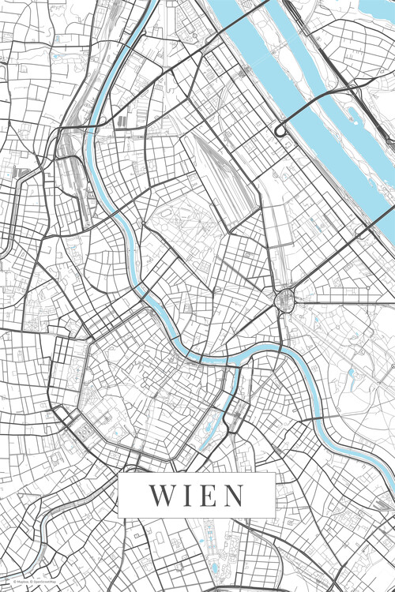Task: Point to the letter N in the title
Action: [x=231, y=496]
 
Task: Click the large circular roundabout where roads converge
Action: [x=284, y=298]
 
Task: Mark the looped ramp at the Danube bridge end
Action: [x=280, y=129]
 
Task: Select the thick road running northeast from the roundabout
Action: [x=340, y=253]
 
